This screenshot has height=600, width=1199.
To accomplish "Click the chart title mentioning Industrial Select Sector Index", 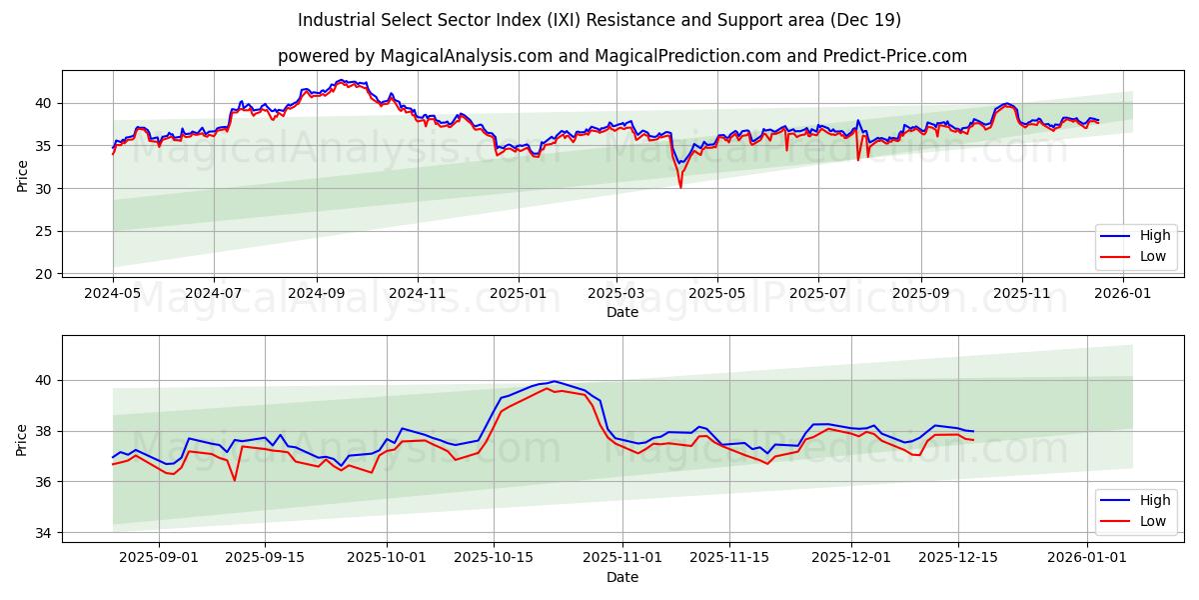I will tap(599, 20).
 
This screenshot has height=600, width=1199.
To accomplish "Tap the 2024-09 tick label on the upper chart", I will tap(316, 295).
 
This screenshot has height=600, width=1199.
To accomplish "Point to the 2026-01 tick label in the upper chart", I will tap(1123, 295).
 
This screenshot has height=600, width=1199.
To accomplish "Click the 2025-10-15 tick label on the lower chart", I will tap(493, 558).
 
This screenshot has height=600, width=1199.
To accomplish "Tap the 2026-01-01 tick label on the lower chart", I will tap(1086, 558).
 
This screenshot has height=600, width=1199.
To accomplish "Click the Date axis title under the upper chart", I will tap(622, 313).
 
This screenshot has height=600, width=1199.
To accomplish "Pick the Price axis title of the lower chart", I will tap(22, 439).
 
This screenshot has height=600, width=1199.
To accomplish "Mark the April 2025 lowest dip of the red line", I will tap(680, 187).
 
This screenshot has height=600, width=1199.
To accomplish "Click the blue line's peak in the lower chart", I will tap(554, 381).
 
